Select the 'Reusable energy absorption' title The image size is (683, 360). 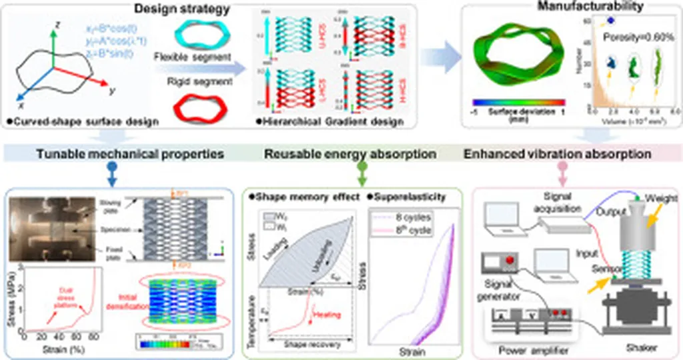[351, 154]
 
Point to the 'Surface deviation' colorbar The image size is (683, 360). [517, 103]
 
